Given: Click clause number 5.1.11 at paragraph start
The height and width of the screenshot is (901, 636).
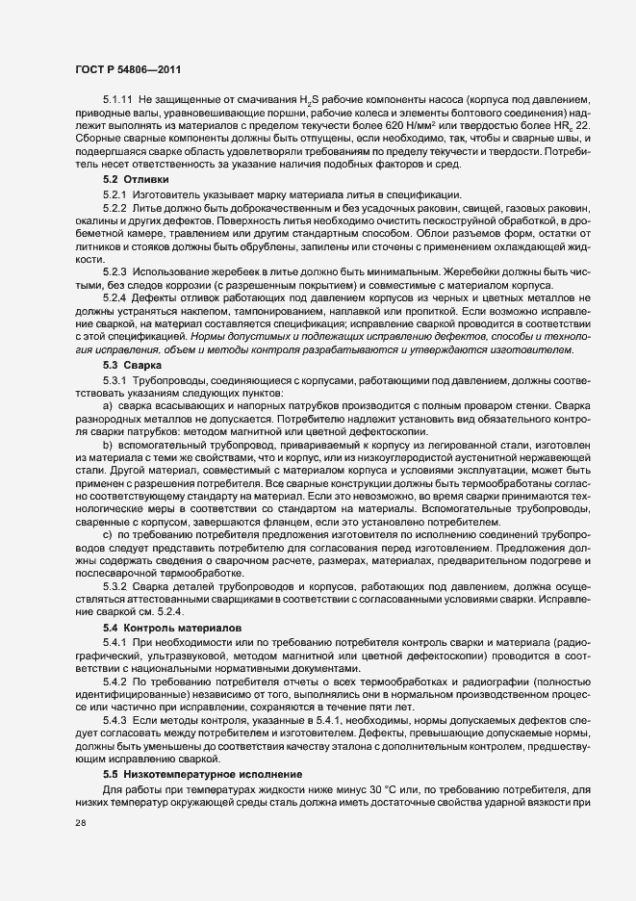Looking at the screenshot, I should point(117,100).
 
